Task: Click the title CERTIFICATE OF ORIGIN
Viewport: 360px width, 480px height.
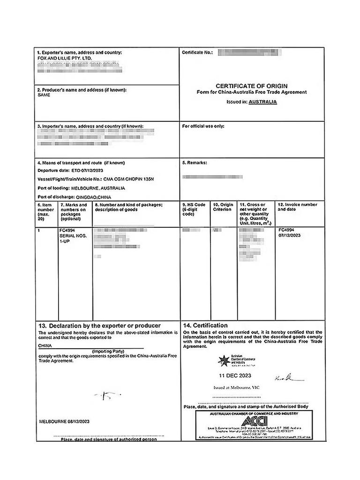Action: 251,86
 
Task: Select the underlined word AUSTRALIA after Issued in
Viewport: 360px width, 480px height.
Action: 262,102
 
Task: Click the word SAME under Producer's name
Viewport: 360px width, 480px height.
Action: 44,95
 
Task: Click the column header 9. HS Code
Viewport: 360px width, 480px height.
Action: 194,205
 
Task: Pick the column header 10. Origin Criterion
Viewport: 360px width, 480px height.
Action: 222,207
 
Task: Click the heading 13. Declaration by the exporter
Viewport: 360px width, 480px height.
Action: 99,325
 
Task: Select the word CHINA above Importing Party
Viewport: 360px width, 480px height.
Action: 45,345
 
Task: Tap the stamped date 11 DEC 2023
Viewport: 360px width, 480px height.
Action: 235,375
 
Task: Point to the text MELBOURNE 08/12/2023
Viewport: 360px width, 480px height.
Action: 64,421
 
